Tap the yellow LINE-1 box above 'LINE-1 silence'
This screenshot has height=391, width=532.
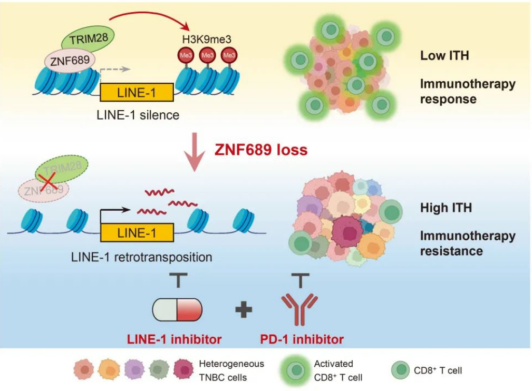tap(137, 93)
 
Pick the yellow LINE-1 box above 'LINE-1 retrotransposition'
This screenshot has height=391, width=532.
tap(137, 232)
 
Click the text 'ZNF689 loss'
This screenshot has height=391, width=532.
tap(260, 150)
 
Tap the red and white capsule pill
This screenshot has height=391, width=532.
tap(177, 309)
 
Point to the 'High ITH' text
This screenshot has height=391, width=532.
tap(446, 208)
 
